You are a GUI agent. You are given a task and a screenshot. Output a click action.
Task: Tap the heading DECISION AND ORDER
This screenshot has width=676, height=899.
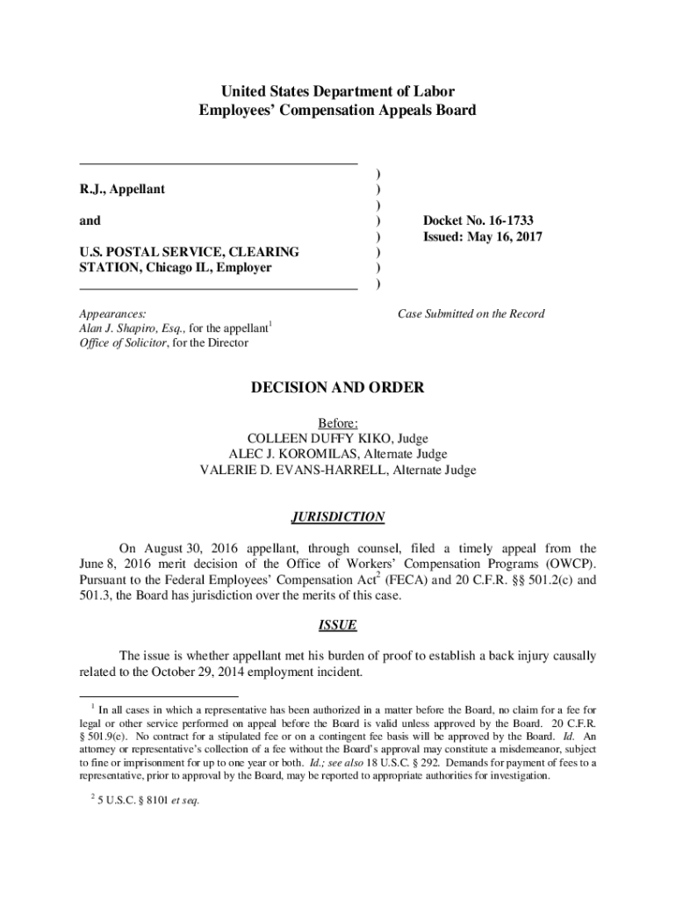pyautogui.click(x=337, y=387)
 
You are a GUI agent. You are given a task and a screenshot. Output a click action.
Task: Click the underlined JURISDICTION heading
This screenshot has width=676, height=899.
pyautogui.click(x=337, y=517)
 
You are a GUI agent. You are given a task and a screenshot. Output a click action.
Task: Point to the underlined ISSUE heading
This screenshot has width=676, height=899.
pyautogui.click(x=337, y=626)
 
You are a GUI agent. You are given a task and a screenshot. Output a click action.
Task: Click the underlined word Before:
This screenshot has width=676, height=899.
pyautogui.click(x=337, y=422)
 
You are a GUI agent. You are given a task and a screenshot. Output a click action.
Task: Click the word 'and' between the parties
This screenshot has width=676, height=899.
pyautogui.click(x=90, y=220)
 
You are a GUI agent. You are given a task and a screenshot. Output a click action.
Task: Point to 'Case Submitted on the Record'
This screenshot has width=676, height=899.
pyautogui.click(x=471, y=313)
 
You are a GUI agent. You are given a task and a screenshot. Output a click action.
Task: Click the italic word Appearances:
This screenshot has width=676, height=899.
pyautogui.click(x=112, y=313)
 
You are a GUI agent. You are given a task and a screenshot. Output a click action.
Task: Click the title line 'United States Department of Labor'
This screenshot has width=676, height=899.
pyautogui.click(x=337, y=91)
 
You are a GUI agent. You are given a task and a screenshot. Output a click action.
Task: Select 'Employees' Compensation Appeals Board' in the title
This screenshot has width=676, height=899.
pyautogui.click(x=337, y=110)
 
